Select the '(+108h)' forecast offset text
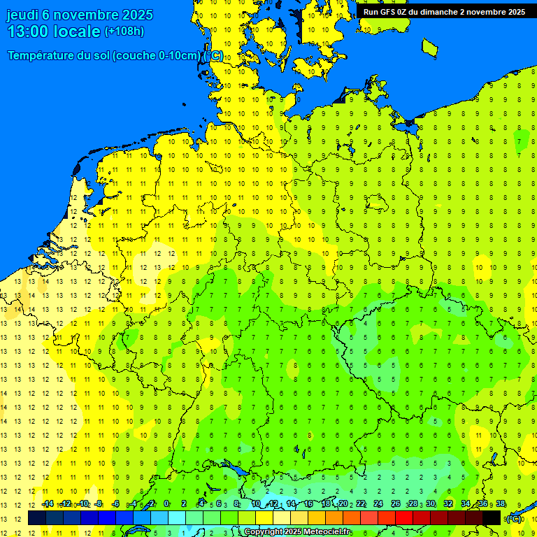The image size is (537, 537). [124, 31]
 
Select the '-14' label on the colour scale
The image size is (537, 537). [47, 503]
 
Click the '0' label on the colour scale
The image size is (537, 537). [166, 503]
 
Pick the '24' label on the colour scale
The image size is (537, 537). [378, 503]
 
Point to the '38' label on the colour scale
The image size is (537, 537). [501, 503]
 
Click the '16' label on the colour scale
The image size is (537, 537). [308, 503]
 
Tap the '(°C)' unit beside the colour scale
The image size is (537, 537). [514, 519]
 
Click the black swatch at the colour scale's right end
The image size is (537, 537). [492, 518]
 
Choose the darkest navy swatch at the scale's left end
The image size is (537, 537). [37, 518]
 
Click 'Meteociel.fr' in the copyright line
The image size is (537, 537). [327, 532]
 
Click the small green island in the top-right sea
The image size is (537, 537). [430, 47]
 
